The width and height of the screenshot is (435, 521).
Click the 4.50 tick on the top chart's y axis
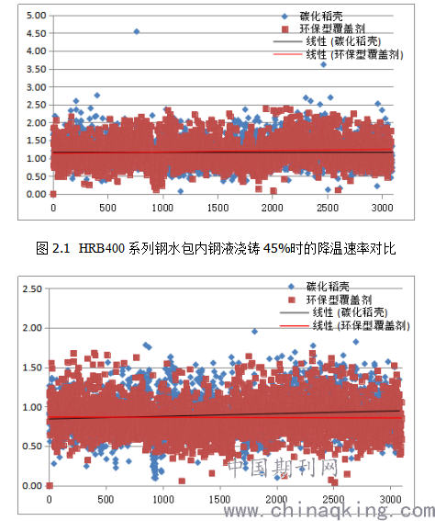(x=36, y=34)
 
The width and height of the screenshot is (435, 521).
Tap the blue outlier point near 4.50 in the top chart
(x=137, y=31)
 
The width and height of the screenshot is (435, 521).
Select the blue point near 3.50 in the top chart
(x=324, y=64)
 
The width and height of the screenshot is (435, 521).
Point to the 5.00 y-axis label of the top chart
(x=36, y=16)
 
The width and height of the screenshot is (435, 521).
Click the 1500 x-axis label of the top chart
(x=218, y=208)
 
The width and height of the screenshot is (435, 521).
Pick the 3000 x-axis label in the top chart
(x=383, y=208)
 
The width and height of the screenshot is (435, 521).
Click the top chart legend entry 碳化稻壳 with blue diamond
(x=312, y=16)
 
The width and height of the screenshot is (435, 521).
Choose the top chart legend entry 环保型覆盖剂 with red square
(x=323, y=28)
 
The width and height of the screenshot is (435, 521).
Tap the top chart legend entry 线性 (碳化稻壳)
(x=327, y=41)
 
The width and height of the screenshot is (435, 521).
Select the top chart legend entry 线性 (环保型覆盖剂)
(x=338, y=54)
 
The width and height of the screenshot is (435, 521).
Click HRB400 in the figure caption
(x=102, y=248)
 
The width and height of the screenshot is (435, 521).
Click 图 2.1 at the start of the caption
(x=52, y=248)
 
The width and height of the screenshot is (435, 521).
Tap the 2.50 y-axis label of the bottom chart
(x=32, y=289)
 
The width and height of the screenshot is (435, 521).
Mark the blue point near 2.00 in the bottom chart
(x=254, y=332)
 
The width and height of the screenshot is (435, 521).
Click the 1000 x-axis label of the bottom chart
(x=163, y=499)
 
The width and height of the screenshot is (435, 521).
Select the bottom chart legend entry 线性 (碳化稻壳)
(x=334, y=312)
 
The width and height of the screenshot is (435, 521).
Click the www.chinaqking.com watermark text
(x=329, y=512)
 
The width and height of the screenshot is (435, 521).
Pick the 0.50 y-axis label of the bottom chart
(x=32, y=447)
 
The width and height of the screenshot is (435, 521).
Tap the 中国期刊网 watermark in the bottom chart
(x=284, y=468)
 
